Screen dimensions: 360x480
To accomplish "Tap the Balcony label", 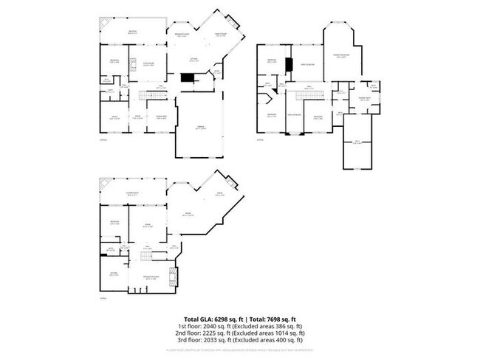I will tap(132, 31).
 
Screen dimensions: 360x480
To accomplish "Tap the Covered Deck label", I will tap(134, 194).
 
